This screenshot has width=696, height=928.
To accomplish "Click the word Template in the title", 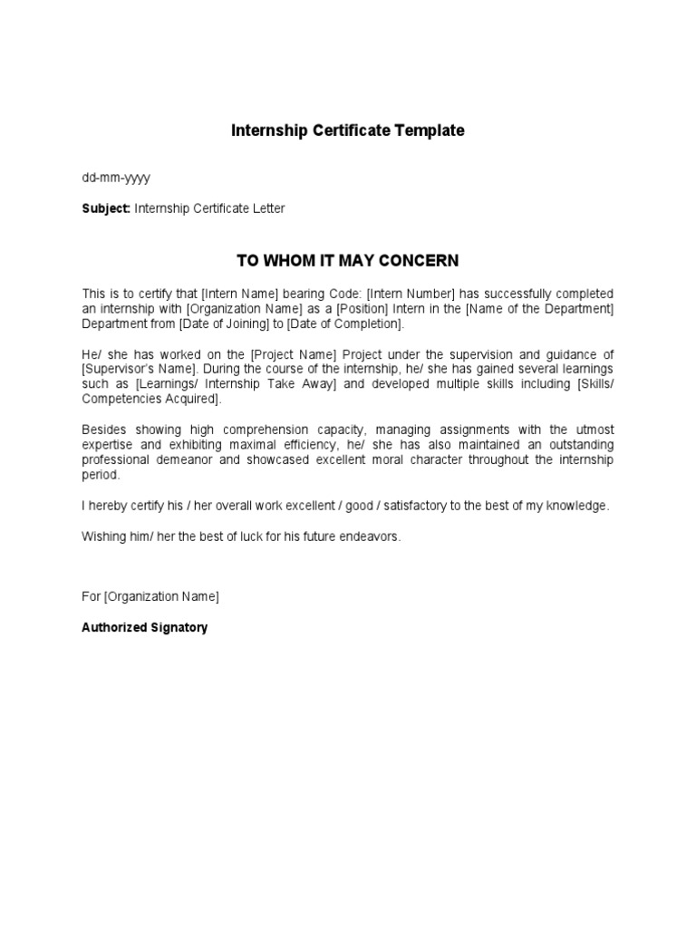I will [x=429, y=130].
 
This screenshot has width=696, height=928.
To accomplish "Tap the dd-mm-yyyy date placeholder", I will [x=116, y=178].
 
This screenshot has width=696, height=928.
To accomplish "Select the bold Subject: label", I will [x=106, y=208].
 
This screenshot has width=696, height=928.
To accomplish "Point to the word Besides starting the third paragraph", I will [x=106, y=430].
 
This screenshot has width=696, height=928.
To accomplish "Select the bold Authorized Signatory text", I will [x=145, y=627].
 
